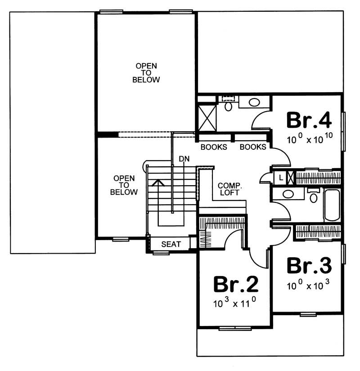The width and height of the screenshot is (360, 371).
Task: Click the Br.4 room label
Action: click(309, 120)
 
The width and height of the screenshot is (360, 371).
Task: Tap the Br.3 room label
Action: click(309, 266)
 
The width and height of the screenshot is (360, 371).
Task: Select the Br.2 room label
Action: click(235, 284)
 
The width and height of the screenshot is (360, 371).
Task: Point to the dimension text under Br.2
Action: click(234, 303)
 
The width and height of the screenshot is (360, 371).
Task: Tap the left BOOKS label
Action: click(214, 147)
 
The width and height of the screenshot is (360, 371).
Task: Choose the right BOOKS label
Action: click(252, 147)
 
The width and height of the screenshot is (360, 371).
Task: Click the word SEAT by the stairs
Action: click(171, 244)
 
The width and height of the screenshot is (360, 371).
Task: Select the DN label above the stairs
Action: click(184, 159)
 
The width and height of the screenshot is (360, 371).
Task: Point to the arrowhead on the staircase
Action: click(157, 182)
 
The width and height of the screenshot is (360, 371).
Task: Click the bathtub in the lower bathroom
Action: click(332, 205)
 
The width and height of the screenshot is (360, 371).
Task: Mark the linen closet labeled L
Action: click(280, 177)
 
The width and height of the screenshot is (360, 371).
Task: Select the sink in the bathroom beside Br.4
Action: click(254, 103)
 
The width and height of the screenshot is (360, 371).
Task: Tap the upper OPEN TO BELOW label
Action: click(146, 73)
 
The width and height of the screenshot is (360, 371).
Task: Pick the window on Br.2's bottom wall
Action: click(234, 328)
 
